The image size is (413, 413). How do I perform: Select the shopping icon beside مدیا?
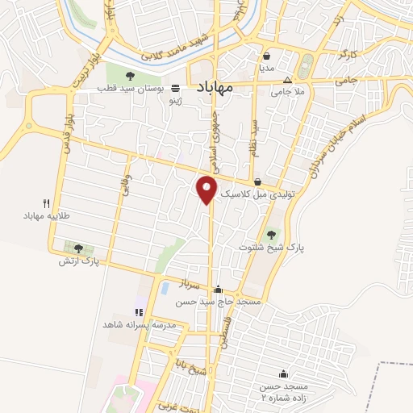point(266,56)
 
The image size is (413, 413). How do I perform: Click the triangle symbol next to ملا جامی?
point(288,81)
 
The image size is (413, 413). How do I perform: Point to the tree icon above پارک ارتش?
point(78,248)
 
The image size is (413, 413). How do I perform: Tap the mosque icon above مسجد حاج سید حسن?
point(218,289)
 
